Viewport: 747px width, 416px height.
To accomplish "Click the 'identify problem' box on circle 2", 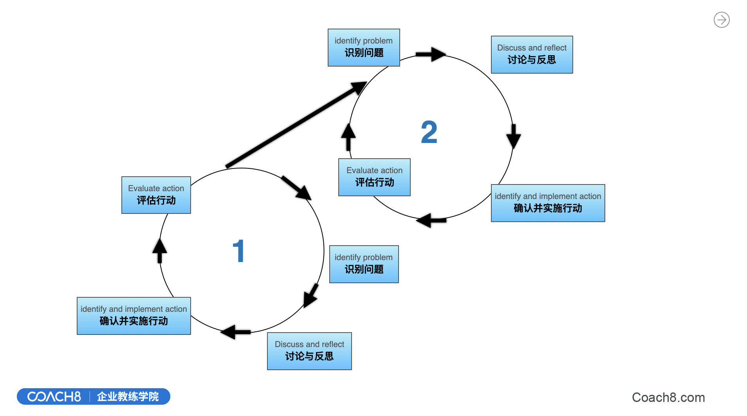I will (x=364, y=47).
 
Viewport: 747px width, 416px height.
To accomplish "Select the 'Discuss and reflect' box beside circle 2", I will (x=532, y=54).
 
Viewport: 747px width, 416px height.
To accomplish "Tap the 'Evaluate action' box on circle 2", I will (x=374, y=177).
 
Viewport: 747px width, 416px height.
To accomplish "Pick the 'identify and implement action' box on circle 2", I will (x=548, y=203).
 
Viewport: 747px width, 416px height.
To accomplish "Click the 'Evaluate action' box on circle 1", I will (x=156, y=195).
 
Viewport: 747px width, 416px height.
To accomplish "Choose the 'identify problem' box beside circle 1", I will (x=364, y=264).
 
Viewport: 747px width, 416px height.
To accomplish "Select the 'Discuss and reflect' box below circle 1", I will (x=309, y=351).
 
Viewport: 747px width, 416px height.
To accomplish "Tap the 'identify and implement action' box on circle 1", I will (x=134, y=316).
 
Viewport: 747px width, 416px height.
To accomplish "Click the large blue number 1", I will (x=238, y=251).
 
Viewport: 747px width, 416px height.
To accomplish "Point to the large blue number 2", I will (x=429, y=132).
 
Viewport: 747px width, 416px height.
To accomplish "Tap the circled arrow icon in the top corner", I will (x=722, y=20).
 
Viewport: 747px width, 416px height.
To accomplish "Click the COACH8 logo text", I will (x=54, y=397).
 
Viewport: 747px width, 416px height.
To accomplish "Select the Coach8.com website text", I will (x=668, y=398).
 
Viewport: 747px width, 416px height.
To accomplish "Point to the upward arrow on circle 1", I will (x=159, y=250).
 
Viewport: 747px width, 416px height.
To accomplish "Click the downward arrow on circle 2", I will (x=513, y=136).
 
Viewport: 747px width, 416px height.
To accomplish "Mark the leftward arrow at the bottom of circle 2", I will (x=431, y=221).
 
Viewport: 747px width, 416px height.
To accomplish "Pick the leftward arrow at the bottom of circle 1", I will (x=235, y=332).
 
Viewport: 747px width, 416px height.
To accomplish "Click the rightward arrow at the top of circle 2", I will (x=431, y=54).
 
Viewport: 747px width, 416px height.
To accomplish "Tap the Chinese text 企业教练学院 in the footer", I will (x=128, y=397).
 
